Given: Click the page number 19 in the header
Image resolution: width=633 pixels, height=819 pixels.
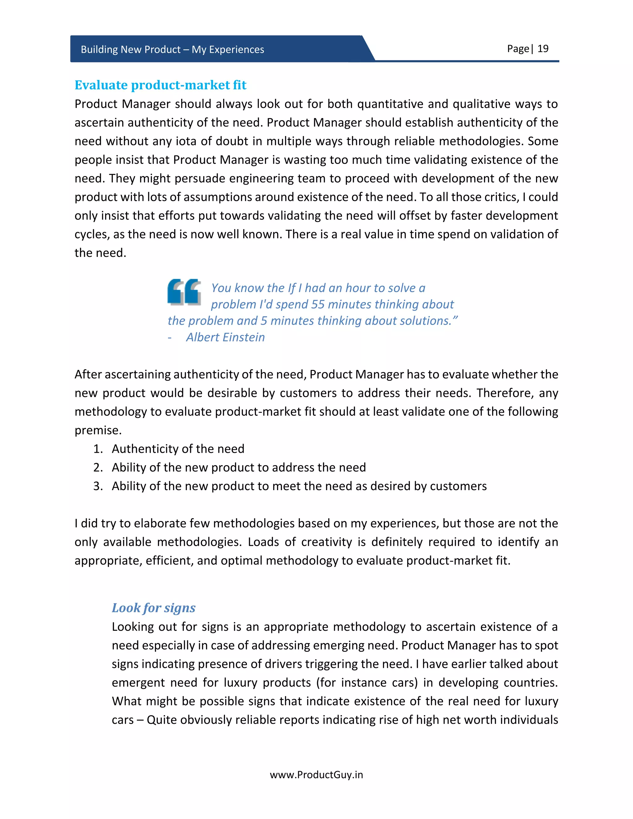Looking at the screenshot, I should click(x=543, y=49).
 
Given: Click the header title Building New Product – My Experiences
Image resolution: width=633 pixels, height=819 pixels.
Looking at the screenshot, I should click(x=172, y=49).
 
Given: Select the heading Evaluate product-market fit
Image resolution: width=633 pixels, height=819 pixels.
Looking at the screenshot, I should click(x=160, y=85).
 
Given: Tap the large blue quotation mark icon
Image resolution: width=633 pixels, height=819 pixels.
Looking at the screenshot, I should click(x=184, y=292).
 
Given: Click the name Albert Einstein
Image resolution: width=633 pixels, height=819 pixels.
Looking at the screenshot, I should click(x=225, y=337).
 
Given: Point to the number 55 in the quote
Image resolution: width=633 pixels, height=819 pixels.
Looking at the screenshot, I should click(x=318, y=304).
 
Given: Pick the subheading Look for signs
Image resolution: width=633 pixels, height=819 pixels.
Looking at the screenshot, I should click(x=153, y=608).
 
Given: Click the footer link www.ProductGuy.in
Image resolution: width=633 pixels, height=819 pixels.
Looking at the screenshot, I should click(x=316, y=775).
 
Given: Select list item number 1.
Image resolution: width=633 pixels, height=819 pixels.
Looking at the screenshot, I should click(x=98, y=449).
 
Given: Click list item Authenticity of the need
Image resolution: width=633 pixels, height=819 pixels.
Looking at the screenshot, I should click(x=178, y=449).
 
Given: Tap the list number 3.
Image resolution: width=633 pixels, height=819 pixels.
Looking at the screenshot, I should click(x=98, y=486).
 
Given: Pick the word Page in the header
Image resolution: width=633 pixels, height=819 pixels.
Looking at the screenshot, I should click(x=517, y=49).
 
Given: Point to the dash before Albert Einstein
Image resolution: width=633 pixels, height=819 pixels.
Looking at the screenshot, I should click(x=170, y=337).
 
